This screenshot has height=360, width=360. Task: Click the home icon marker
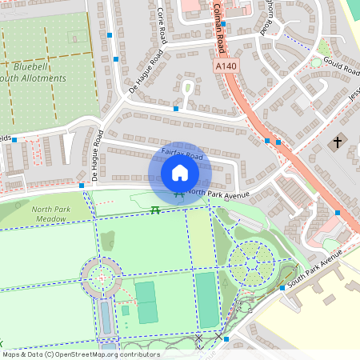(x=180, y=172)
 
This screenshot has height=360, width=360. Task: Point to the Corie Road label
(x=162, y=25)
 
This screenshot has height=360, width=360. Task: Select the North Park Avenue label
(x=218, y=194)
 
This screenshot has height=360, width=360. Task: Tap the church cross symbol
(x=337, y=143)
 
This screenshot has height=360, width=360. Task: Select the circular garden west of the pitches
(x=101, y=278)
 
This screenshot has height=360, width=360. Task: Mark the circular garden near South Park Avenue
(x=251, y=261)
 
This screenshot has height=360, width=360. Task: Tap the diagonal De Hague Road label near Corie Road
(x=146, y=72)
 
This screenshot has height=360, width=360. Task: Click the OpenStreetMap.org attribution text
(x=80, y=354)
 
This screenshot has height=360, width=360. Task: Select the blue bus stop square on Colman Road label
(x=223, y=24)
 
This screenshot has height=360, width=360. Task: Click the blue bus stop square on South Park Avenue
(x=282, y=288)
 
